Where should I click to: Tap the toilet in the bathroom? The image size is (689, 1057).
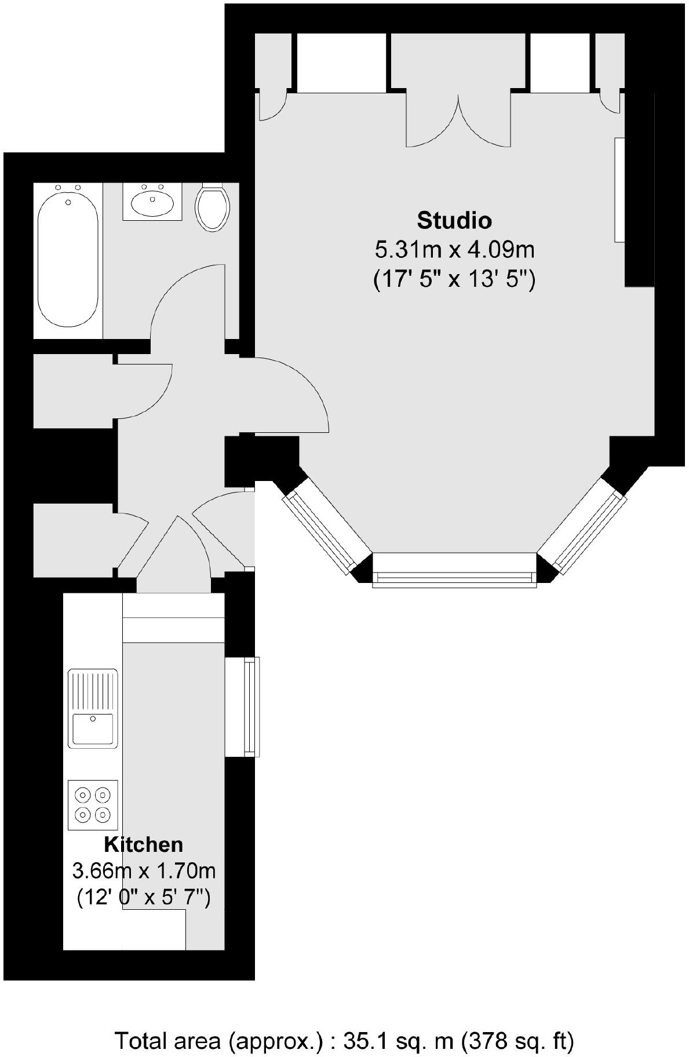point(213,207)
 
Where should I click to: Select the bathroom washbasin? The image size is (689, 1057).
point(152,202)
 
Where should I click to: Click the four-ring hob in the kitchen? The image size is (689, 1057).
point(93,804)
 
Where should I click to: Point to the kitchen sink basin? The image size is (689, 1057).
point(93,728)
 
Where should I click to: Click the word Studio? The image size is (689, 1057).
point(454,221)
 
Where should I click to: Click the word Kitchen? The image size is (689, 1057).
point(143,844)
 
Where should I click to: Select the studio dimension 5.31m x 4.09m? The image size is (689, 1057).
point(454,250)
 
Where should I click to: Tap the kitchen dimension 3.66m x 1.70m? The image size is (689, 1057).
point(144,870)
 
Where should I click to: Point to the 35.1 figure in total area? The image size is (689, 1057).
point(360,1025)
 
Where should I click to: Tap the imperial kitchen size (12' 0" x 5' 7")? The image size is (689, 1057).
point(144,898)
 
